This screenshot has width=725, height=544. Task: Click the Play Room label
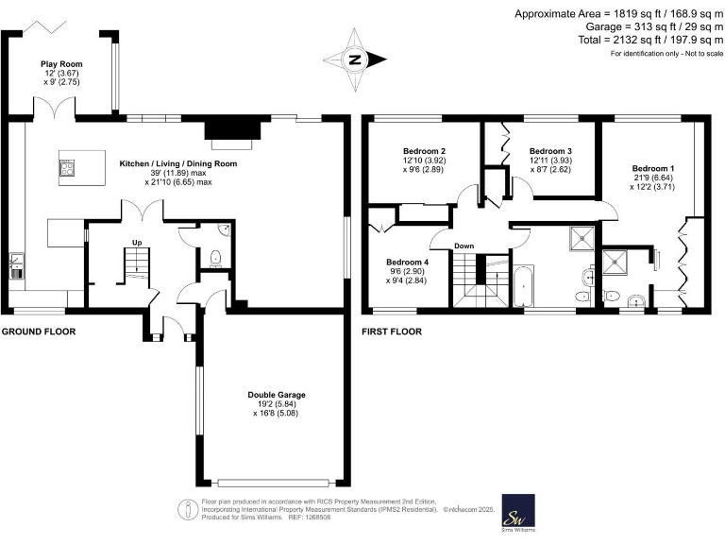[57, 64]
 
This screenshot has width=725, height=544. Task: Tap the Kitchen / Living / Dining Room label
[177, 163]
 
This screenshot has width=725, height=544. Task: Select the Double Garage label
[277, 395]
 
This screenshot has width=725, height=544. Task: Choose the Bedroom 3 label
[550, 151]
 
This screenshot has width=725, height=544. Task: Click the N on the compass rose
[356, 59]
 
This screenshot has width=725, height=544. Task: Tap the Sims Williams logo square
[517, 511]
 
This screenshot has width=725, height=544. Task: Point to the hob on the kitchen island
[68, 169]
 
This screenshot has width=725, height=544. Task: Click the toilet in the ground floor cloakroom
[216, 255]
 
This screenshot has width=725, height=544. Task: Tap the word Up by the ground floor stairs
[137, 243]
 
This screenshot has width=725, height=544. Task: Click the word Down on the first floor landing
[464, 246]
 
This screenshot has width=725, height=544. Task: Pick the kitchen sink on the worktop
[16, 259]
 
